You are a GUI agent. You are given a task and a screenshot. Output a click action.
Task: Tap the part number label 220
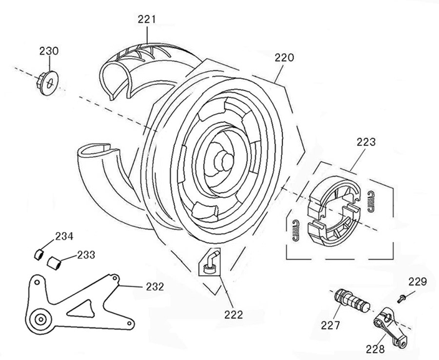(284, 58)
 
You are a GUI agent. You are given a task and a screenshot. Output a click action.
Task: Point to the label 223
(366, 142)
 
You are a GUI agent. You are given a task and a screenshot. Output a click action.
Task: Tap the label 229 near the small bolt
(417, 281)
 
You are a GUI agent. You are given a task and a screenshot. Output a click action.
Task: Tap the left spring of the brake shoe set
(296, 230)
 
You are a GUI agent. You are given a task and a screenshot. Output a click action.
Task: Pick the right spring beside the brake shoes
(372, 197)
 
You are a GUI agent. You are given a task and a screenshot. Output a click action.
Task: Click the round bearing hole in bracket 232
(41, 319)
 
